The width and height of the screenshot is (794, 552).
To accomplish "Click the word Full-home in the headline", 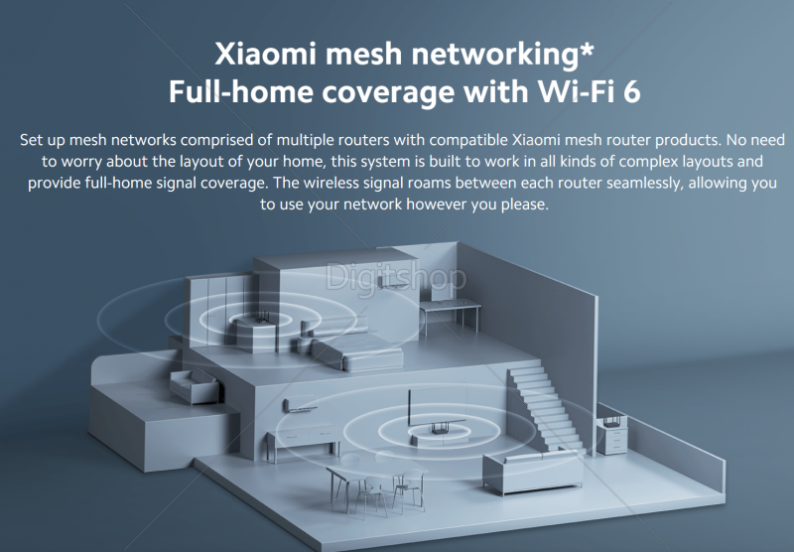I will [234, 91].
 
